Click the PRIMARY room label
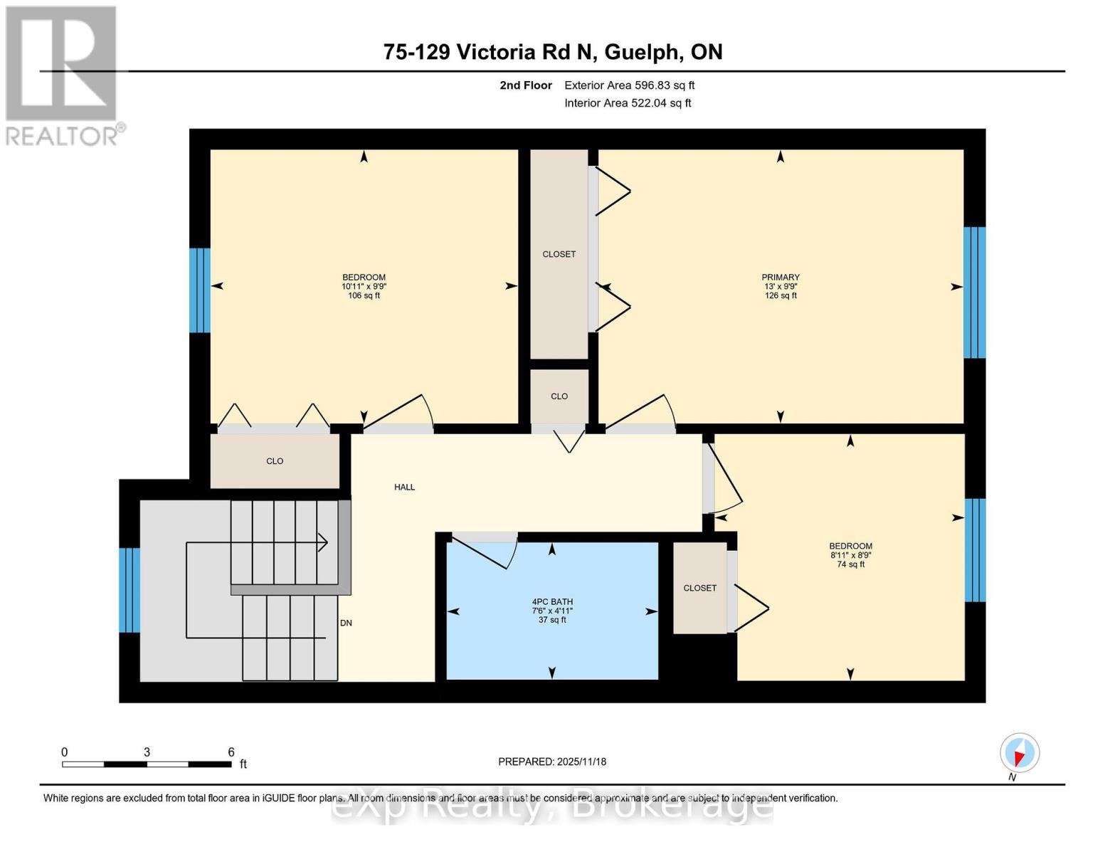[x=781, y=278]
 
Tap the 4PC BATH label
[x=552, y=601]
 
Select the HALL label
[x=404, y=487]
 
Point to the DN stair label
[x=346, y=623]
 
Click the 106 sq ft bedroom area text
[x=364, y=296]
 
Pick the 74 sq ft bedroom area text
[x=850, y=565]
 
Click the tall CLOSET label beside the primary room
[x=559, y=254]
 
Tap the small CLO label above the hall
[x=559, y=396]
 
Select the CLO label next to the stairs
[x=275, y=461]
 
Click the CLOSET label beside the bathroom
[x=699, y=588]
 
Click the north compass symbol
[x=1019, y=753]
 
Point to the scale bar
[x=147, y=764]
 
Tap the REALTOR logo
[x=62, y=75]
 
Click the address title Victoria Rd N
[x=552, y=52]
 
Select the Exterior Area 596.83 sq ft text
[x=629, y=85]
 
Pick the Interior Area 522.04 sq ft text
[x=628, y=103]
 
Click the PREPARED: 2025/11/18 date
[x=552, y=761]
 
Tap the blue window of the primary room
[x=974, y=292]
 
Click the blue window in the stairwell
[x=129, y=590]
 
